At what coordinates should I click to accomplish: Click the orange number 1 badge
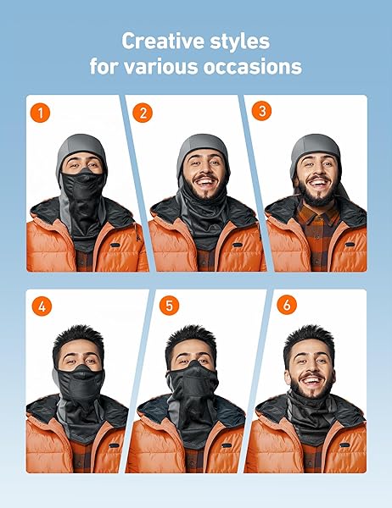coord(40,113)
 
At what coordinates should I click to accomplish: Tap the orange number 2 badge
coord(143,113)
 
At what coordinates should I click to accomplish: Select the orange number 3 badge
coord(262,111)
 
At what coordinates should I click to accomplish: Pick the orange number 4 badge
coord(42,306)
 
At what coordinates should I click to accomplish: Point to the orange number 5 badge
coord(169,305)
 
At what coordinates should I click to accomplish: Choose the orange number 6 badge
coord(287,305)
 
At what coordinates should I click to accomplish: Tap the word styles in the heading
coord(239,41)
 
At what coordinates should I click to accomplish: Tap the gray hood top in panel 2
coord(203,145)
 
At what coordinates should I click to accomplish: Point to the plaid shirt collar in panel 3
coord(318,215)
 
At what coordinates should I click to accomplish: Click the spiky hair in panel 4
coord(79,336)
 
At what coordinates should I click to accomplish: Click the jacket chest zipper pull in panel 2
coord(238,245)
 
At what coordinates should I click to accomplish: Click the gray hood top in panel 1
coord(81,145)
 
